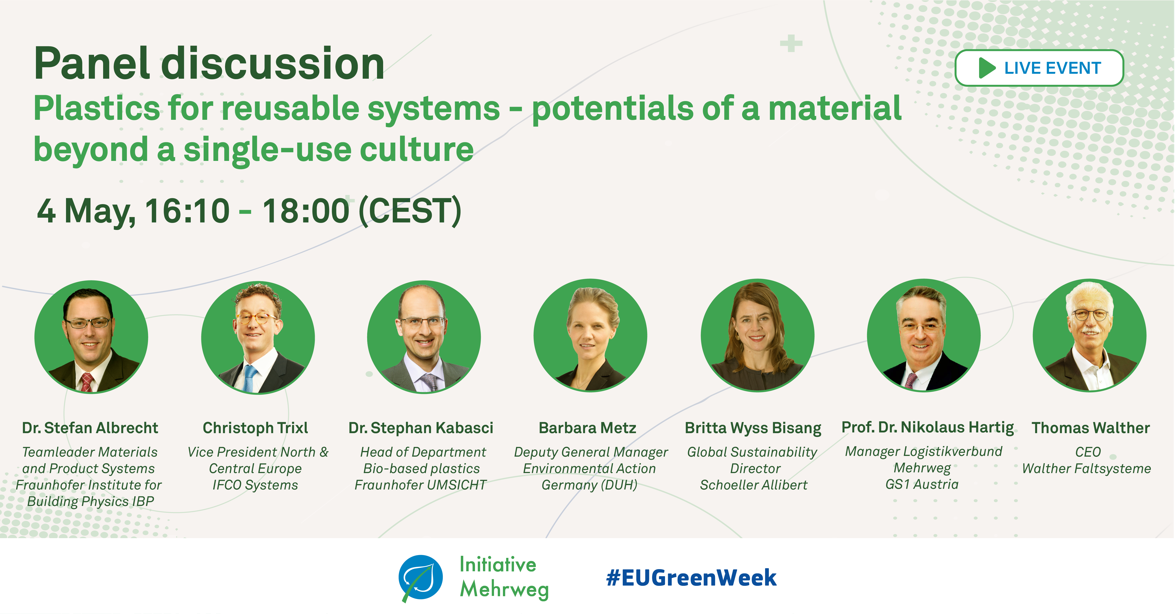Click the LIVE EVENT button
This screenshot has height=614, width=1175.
[1039, 68]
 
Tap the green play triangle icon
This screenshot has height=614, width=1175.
[987, 68]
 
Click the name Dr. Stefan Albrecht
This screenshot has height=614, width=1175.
[90, 428]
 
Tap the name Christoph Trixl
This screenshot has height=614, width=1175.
[255, 428]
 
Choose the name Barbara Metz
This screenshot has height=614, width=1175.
[587, 428]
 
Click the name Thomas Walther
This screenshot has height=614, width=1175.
[1091, 428]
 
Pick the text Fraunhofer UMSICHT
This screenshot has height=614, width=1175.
[420, 485]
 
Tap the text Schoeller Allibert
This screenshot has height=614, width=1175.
[754, 485]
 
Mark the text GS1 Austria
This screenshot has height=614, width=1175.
[922, 484]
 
